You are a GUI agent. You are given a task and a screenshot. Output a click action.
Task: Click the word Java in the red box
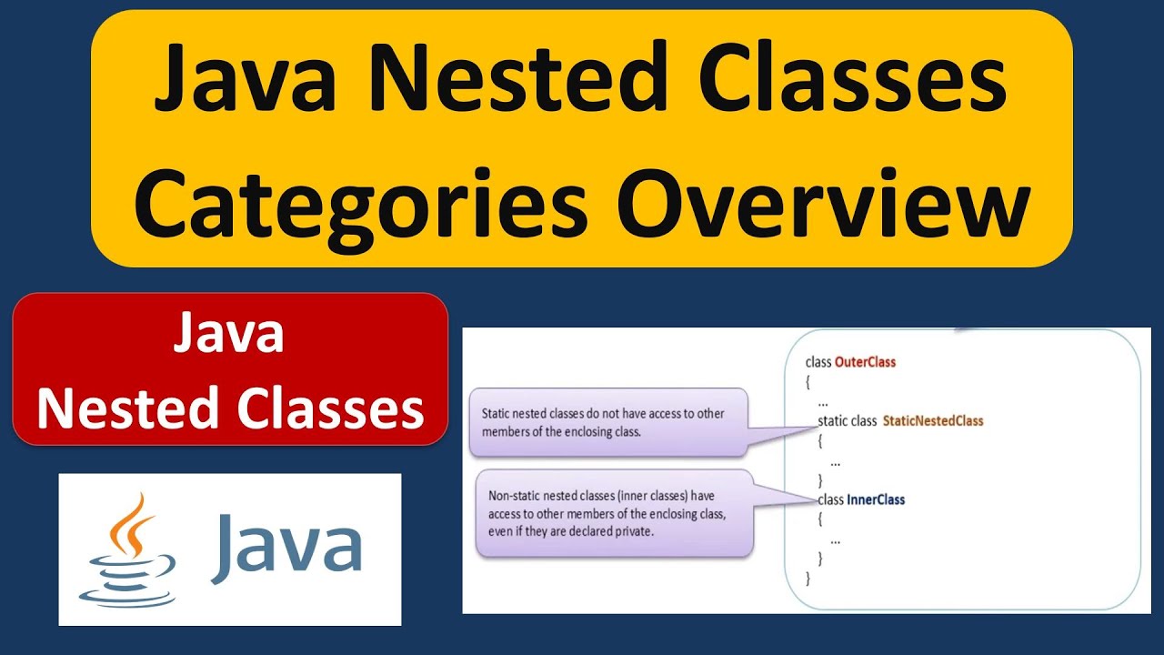tap(228, 335)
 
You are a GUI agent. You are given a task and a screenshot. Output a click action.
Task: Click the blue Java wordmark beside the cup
tap(286, 548)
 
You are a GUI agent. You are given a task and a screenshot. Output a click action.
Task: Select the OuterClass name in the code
tap(865, 362)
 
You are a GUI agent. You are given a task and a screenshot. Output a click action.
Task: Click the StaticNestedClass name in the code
tap(933, 421)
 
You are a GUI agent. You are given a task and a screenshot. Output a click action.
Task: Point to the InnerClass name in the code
tap(876, 499)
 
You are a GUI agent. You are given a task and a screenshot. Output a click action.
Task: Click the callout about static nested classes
tap(607, 422)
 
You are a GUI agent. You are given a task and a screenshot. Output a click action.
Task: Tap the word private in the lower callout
tap(632, 531)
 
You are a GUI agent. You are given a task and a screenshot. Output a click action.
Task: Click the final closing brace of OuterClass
tap(808, 578)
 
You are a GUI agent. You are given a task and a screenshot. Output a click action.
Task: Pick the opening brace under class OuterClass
tap(808, 382)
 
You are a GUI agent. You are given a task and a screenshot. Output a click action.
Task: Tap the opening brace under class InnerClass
tap(820, 519)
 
